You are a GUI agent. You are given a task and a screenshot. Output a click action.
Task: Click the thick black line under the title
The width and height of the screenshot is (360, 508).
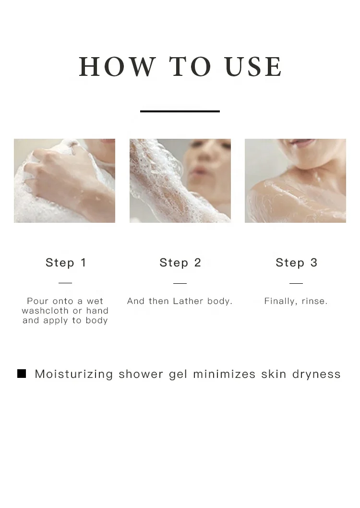coord(180,111)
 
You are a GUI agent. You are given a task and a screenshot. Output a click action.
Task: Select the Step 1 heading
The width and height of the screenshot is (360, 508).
coord(66,263)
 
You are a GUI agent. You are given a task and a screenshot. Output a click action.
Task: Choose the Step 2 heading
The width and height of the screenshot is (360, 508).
coord(180,263)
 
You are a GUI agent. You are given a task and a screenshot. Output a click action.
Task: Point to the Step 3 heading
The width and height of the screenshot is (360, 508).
coord(296,263)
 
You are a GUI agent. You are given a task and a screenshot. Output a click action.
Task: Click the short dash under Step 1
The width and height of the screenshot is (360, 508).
coord(65,283)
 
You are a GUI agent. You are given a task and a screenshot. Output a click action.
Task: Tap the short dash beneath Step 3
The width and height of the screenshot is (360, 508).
coord(296,283)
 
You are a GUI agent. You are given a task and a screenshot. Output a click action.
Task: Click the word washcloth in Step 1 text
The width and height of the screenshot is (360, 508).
coord(46,311)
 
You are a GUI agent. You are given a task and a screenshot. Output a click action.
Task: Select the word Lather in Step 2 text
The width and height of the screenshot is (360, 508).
coord(189,301)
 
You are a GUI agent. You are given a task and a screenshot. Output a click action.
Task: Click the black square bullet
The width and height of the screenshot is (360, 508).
coord(22,374)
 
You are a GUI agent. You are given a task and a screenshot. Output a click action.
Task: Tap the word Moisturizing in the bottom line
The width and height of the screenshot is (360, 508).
coord(74,374)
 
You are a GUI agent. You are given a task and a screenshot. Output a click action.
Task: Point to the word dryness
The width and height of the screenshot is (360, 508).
coord(317,374)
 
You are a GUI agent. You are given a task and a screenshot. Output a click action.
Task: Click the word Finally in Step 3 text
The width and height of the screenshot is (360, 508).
coord(281,302)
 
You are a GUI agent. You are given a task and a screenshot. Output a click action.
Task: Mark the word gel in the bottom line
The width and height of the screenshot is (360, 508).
coord(178,375)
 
